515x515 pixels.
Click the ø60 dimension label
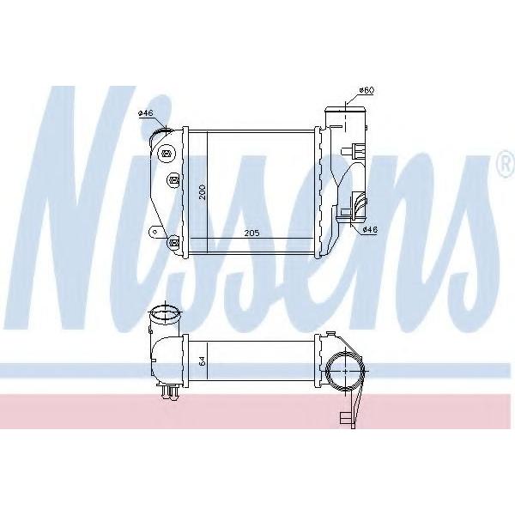point(367,90)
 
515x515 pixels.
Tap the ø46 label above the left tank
point(146,113)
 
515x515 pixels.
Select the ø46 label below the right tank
point(370,230)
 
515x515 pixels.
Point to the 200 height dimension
point(203,191)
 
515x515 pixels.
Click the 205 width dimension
point(251,233)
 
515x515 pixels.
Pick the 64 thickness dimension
point(203,361)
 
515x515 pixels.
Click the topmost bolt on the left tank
point(167,154)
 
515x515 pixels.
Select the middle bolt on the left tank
point(174,179)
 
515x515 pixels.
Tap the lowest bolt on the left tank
point(173,243)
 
